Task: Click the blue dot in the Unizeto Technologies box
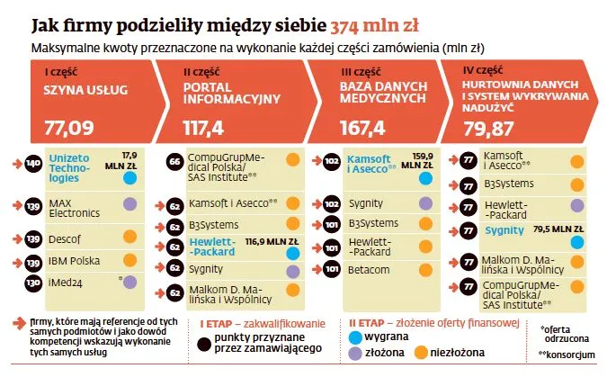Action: (x=129, y=178)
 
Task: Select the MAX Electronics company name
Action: (x=72, y=208)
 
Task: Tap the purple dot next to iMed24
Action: (x=129, y=283)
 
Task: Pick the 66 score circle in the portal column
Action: (x=176, y=162)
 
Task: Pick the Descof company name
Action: (x=66, y=238)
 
